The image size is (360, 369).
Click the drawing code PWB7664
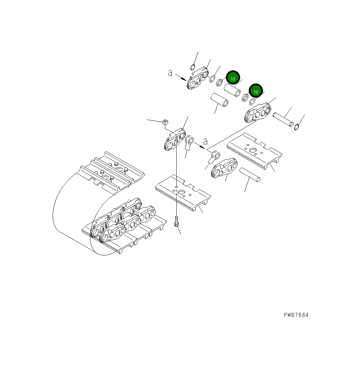[x=296, y=315]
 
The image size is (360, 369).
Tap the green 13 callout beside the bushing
[x=233, y=79]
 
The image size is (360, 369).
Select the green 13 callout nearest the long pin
[x=256, y=91]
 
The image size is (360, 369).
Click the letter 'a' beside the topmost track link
[x=170, y=73]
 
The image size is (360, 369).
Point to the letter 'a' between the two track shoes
[x=205, y=141]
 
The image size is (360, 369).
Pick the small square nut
[x=166, y=122]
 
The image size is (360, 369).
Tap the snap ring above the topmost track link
[x=193, y=67]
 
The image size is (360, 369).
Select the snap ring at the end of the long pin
[x=297, y=127]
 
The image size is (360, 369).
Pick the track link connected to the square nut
[x=175, y=139]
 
